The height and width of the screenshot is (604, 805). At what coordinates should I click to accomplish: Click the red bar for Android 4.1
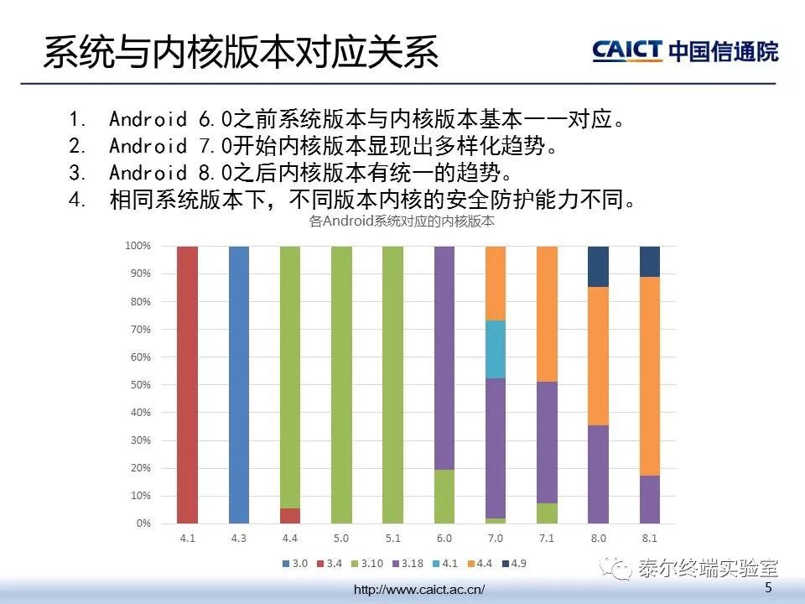click(187, 385)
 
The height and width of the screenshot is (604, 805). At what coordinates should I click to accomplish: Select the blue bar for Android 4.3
click(239, 385)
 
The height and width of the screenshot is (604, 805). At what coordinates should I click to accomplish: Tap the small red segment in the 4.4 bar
click(290, 516)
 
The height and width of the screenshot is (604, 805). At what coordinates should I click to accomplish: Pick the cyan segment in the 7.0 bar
click(496, 349)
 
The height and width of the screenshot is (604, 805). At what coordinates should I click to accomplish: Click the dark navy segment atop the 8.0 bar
click(598, 267)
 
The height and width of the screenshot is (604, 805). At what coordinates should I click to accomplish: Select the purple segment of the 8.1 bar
click(649, 499)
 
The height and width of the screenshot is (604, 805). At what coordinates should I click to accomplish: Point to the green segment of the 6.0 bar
click(444, 496)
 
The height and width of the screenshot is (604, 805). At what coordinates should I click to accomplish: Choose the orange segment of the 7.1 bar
click(547, 314)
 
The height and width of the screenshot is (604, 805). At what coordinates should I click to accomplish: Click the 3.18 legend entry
click(408, 564)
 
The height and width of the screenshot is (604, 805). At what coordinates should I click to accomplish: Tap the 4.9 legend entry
click(514, 564)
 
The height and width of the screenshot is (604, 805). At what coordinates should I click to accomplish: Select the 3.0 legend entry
click(295, 564)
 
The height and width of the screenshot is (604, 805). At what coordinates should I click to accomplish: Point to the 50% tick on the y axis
click(141, 385)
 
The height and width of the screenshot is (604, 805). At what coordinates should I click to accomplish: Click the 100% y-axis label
click(138, 246)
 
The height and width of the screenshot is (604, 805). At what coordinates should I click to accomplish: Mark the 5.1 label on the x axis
click(392, 539)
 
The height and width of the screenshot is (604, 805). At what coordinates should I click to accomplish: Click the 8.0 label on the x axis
click(598, 539)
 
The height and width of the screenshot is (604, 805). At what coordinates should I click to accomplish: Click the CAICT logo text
click(627, 50)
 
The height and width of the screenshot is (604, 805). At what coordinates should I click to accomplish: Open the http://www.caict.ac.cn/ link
click(419, 589)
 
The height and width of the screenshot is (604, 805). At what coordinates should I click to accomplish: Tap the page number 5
click(768, 587)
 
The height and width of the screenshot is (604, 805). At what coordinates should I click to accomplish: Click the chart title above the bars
click(402, 221)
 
